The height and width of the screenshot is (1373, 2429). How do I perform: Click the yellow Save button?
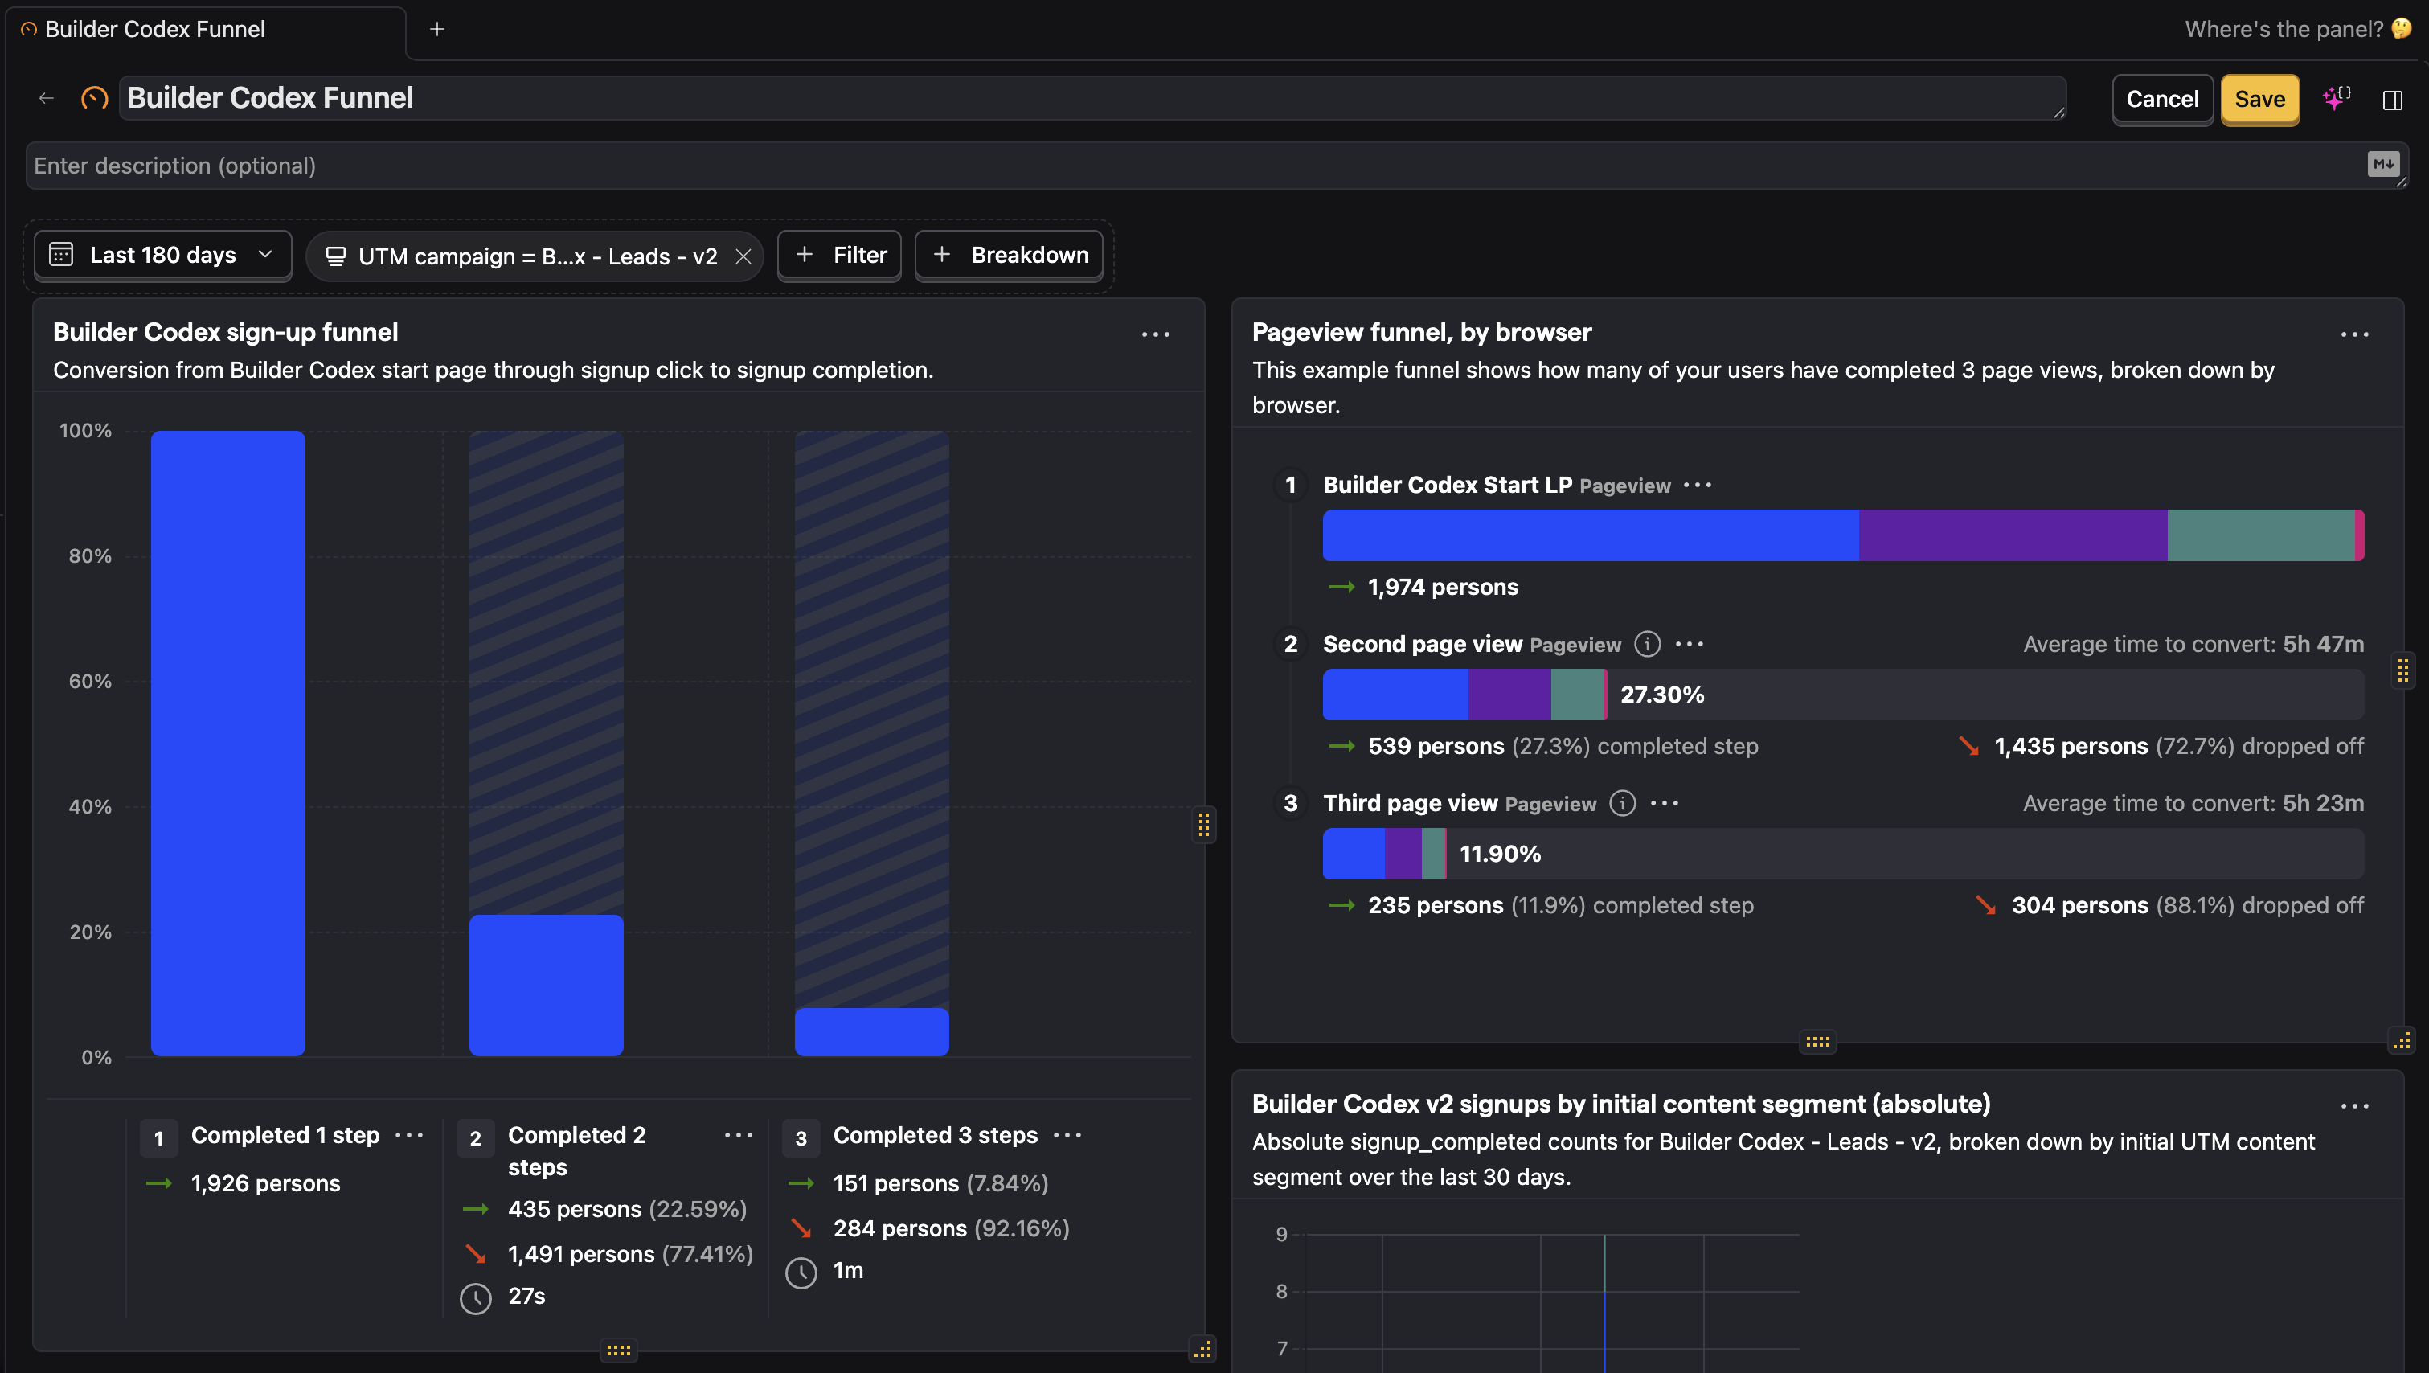2259,99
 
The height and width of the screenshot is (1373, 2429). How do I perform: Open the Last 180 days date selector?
162,256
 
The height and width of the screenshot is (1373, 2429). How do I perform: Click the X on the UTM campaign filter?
743,256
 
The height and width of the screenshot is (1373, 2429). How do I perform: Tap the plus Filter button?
839,256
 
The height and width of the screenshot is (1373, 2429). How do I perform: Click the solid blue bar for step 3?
871,1031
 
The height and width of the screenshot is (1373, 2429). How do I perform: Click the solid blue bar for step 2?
546,985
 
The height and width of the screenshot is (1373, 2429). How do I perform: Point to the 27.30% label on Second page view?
1661,695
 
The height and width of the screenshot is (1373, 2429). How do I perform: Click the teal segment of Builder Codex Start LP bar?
2259,535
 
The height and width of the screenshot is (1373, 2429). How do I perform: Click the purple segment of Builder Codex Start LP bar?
2012,535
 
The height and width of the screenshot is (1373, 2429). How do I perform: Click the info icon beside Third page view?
1622,803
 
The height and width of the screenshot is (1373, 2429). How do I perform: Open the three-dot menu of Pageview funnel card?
2353,334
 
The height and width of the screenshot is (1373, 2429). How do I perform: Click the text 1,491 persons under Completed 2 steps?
581,1254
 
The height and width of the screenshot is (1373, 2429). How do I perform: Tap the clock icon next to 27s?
475,1298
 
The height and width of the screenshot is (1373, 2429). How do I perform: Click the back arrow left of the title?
46,98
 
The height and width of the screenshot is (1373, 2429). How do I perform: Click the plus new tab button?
436,29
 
